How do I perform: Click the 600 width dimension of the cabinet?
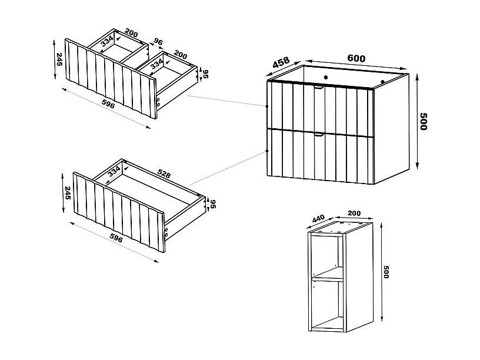[x=356, y=58]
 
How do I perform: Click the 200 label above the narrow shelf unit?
[x=354, y=212]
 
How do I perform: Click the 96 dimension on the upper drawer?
[x=158, y=42]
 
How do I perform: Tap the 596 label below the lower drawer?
[x=116, y=238]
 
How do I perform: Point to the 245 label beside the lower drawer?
[x=67, y=193]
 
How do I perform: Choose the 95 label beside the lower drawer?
[x=214, y=204]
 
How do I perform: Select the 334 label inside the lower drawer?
[x=114, y=171]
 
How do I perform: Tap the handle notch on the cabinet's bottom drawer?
[x=319, y=135]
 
